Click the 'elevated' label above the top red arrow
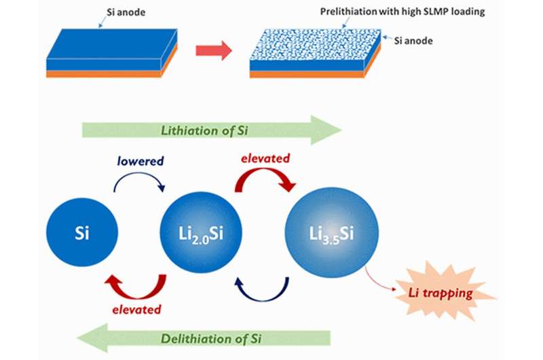[x=265, y=158]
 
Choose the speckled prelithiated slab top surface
[x=312, y=45]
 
